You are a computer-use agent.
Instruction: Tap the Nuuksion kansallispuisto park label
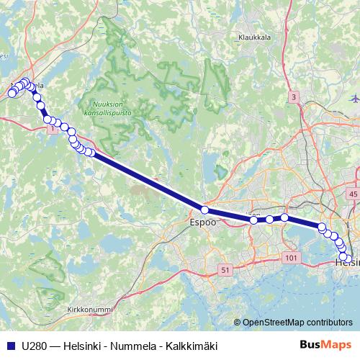tap(114, 108)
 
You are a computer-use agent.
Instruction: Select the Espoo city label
tap(202, 223)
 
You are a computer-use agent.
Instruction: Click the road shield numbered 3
tap(294, 96)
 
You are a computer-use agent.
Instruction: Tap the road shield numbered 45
tap(352, 194)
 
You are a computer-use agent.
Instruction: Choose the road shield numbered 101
tap(291, 258)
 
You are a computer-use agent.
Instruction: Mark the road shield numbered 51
tap(225, 270)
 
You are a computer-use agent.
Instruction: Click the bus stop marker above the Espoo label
tap(204, 210)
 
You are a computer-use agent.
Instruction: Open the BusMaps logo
tap(325, 345)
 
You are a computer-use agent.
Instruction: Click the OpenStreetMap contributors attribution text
tap(297, 323)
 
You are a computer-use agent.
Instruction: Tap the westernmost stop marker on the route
tap(12, 93)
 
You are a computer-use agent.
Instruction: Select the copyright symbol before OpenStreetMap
tap(237, 323)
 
